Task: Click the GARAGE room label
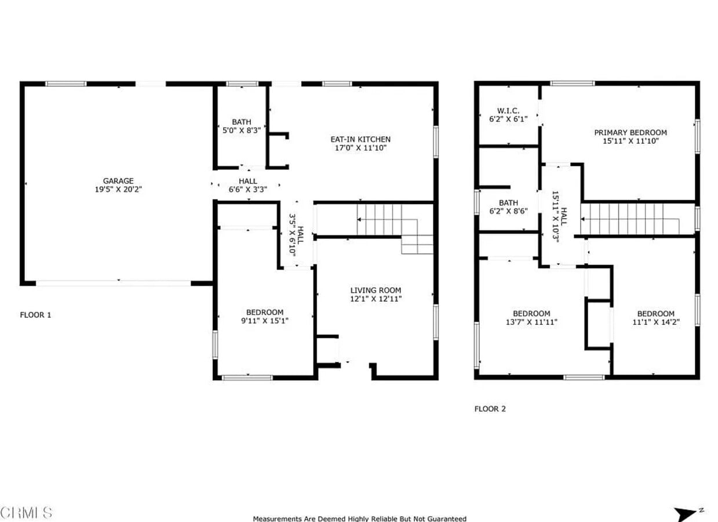click(x=118, y=181)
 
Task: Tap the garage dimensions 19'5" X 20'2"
click(x=118, y=189)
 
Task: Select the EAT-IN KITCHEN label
click(x=360, y=139)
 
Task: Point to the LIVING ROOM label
click(x=376, y=291)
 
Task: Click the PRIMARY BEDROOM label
click(x=630, y=133)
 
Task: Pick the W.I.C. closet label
click(x=508, y=111)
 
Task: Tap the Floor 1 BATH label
click(x=242, y=122)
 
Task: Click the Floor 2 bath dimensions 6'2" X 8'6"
click(x=508, y=211)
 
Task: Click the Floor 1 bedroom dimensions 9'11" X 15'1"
click(x=265, y=320)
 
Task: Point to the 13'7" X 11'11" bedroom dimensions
click(x=531, y=322)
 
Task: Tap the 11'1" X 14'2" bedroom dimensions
click(x=655, y=322)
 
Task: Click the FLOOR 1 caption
click(x=36, y=315)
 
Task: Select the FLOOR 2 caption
click(x=490, y=409)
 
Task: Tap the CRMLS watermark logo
click(x=27, y=513)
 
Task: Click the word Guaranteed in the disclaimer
click(x=446, y=519)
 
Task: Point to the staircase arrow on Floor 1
click(x=360, y=220)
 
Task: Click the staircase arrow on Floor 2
click(x=584, y=220)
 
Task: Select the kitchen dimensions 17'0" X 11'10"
click(x=360, y=148)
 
